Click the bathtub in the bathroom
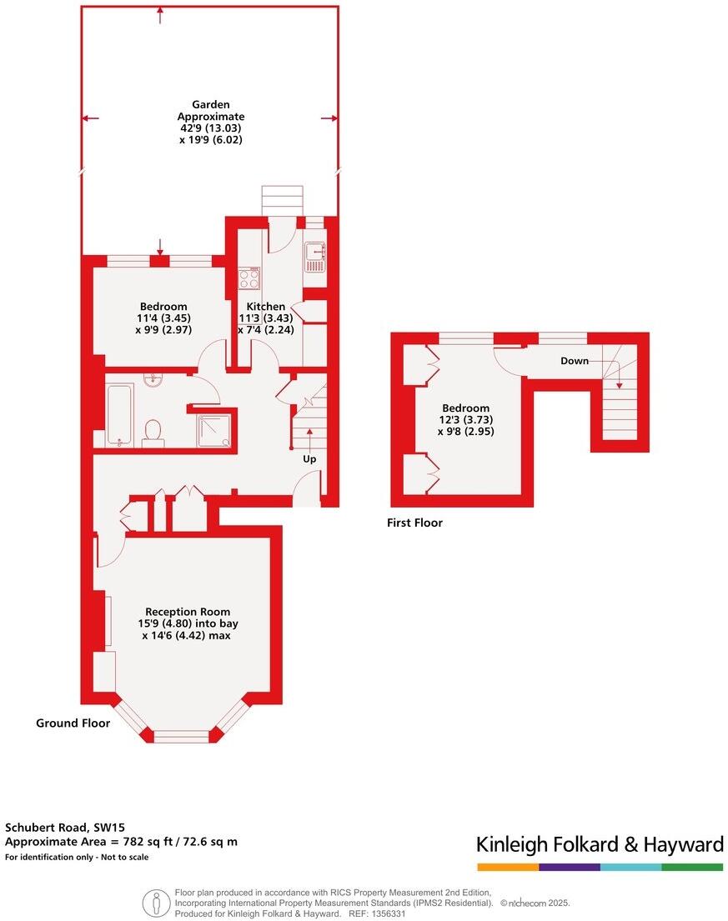click(120, 414)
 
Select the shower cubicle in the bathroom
click(213, 429)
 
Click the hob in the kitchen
click(249, 278)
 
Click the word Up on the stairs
click(309, 459)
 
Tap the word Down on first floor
click(574, 361)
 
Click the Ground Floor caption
click(73, 723)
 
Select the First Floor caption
click(414, 523)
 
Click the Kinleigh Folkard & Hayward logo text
click(599, 844)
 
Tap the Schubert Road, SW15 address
click(58, 828)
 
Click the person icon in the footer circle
click(156, 903)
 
